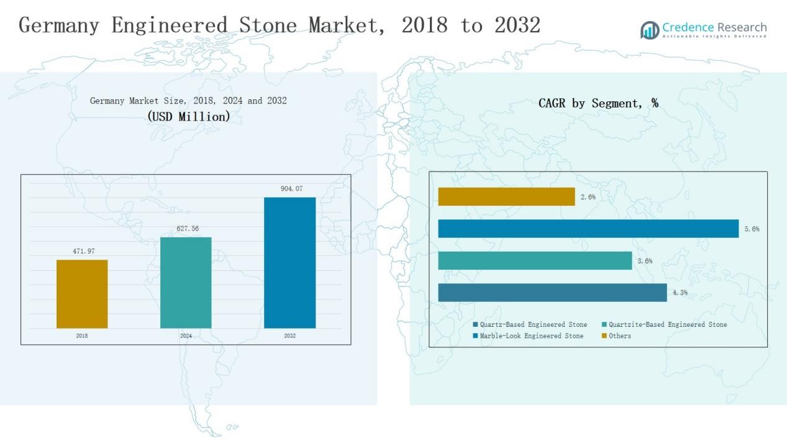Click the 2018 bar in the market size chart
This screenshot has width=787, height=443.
[82, 294]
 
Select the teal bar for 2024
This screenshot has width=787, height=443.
[186, 283]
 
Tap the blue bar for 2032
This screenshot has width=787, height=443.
[289, 263]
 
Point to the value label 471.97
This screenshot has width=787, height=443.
[82, 251]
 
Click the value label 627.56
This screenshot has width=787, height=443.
[186, 229]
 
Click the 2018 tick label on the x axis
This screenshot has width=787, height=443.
[82, 336]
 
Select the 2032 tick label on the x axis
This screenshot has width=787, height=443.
[289, 336]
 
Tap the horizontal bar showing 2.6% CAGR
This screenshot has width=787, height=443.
[506, 196]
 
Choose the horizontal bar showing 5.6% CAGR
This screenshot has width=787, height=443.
[588, 229]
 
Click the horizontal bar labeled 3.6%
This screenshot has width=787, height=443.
[535, 261]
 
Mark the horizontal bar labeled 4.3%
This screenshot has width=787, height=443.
[552, 293]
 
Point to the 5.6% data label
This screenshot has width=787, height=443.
[752, 229]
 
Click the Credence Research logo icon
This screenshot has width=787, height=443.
[650, 30]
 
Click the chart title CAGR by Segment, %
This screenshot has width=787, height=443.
[598, 104]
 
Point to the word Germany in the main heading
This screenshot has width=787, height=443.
[60, 25]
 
